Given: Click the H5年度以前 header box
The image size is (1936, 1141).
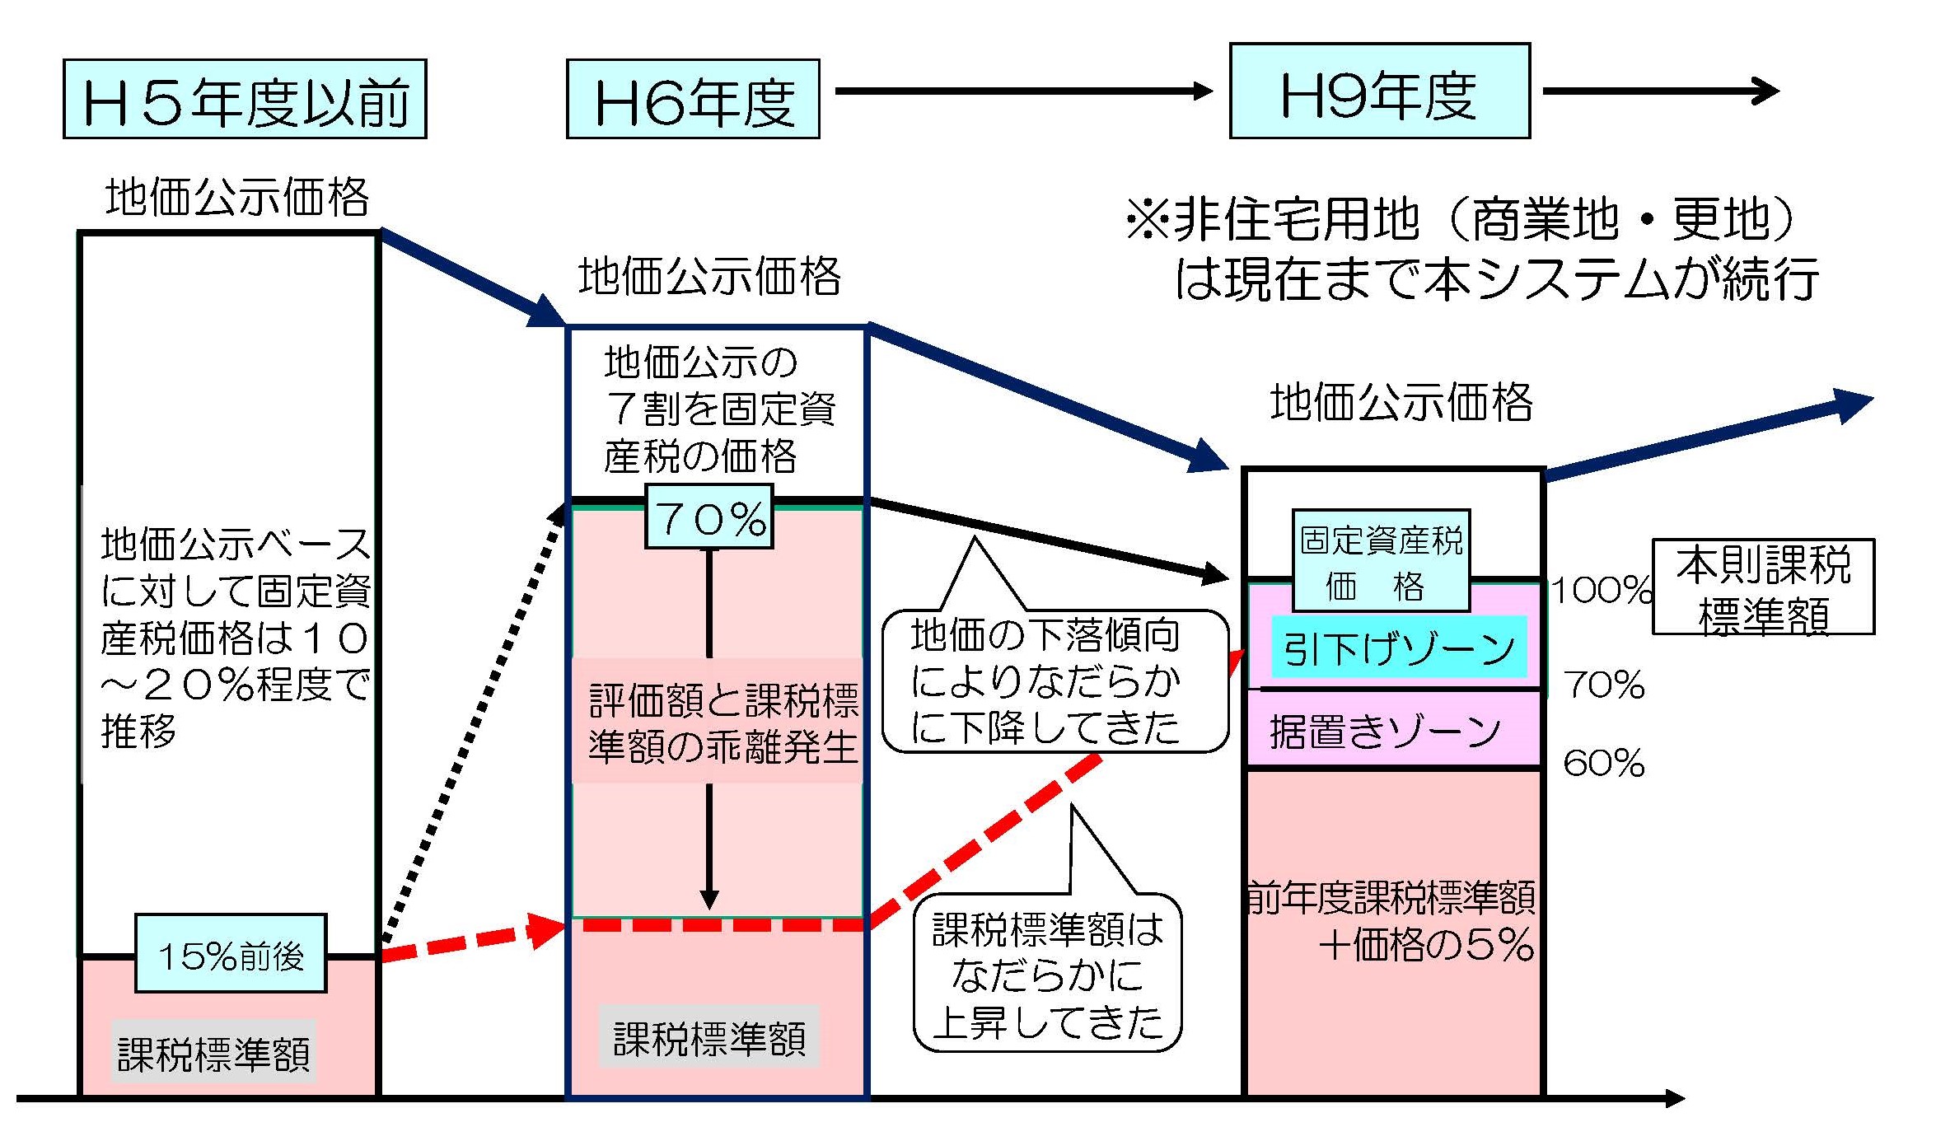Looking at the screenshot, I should [x=245, y=99].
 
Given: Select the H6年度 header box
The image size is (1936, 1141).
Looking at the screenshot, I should [x=693, y=99].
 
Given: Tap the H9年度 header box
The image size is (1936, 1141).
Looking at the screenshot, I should [x=1379, y=91].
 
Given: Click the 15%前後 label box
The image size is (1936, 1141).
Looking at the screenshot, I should [x=231, y=953].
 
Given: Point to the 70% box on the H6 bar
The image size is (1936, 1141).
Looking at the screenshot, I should [x=709, y=517].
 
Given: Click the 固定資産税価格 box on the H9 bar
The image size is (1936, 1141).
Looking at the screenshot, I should [x=1381, y=560].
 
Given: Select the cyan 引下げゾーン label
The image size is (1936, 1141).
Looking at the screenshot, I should [x=1399, y=648].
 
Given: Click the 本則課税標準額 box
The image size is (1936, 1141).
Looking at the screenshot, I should [x=1763, y=587].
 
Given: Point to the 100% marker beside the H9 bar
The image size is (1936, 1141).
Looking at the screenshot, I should [x=1601, y=590].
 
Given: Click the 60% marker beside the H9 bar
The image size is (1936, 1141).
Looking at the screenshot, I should [x=1603, y=763].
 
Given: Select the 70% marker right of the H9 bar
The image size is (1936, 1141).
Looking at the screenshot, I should [x=1603, y=684].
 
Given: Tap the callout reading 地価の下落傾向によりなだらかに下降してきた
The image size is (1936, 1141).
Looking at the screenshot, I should [x=1054, y=680].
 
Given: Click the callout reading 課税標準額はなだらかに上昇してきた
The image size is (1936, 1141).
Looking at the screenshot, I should [x=1047, y=974].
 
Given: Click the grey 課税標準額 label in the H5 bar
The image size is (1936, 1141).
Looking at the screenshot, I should [x=213, y=1054].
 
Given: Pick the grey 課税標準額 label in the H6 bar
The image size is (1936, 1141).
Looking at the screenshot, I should [x=709, y=1037].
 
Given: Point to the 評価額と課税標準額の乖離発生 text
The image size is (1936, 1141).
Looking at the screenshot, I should [x=722, y=722].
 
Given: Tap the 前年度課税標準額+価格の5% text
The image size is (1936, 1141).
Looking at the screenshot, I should [x=1392, y=920].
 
